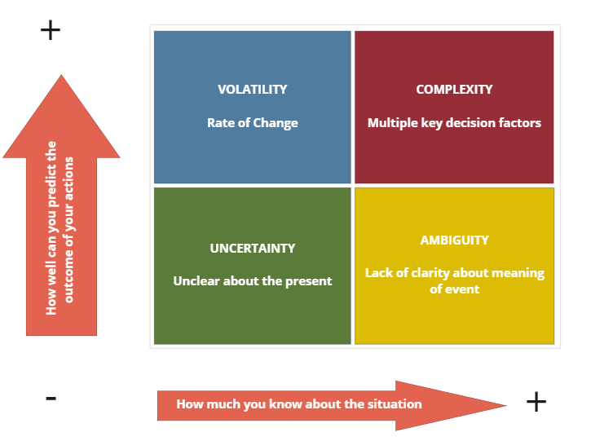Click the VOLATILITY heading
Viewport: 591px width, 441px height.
click(x=252, y=90)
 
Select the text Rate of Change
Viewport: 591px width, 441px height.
click(x=252, y=123)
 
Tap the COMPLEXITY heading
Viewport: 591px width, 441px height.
click(x=454, y=90)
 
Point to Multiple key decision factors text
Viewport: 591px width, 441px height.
click(x=454, y=123)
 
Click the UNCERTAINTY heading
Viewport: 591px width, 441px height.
click(x=252, y=248)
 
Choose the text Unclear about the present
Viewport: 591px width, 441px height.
click(x=252, y=281)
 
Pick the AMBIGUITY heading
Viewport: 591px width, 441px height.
click(x=454, y=240)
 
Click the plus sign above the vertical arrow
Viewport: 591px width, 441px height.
click(x=51, y=31)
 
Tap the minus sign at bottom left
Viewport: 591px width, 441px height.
click(x=51, y=398)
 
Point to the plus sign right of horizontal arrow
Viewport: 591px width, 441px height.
click(x=536, y=401)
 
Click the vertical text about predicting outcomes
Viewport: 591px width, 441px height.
click(x=60, y=228)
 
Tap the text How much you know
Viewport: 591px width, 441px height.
click(x=299, y=404)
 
